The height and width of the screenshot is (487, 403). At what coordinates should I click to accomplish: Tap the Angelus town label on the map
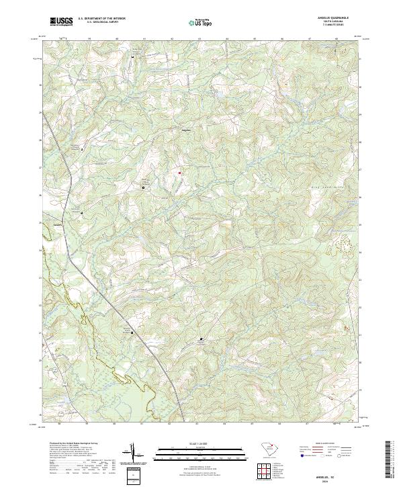[x=186, y=129]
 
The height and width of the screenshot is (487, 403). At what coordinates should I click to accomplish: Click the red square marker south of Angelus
[x=180, y=172]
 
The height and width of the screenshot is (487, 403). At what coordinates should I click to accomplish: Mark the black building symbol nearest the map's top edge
[x=132, y=56]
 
